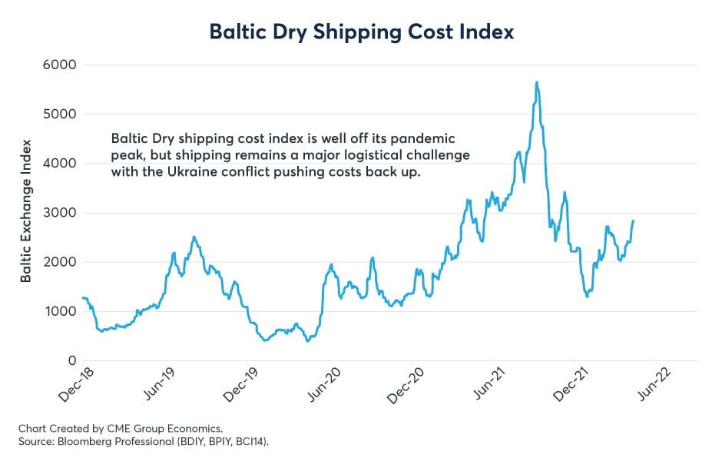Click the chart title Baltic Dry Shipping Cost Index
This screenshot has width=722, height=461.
pyautogui.click(x=360, y=32)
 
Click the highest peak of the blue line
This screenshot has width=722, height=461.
pyautogui.click(x=537, y=82)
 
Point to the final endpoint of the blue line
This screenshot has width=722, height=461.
pyautogui.click(x=634, y=221)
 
